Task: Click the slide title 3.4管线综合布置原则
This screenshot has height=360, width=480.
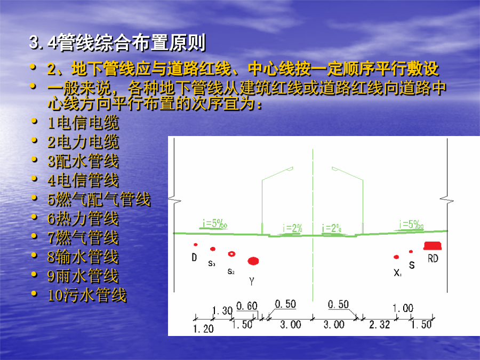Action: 117,42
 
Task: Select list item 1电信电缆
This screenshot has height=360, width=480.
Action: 83,123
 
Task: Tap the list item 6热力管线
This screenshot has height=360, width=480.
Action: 83,219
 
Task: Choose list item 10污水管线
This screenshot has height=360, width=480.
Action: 87,295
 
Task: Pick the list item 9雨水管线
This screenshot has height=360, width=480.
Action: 83,276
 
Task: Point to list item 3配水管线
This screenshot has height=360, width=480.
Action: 83,161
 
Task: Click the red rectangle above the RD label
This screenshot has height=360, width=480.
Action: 433,245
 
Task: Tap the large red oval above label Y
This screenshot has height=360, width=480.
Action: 253,261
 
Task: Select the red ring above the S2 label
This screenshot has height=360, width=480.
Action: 232,254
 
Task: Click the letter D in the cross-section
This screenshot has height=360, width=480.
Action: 194,258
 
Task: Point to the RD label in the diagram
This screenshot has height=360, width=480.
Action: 433,259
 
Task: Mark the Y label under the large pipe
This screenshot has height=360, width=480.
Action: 252,281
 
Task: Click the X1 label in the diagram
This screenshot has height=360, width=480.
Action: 398,273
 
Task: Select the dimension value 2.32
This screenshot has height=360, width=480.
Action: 380,324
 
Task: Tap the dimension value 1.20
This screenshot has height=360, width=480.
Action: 203,329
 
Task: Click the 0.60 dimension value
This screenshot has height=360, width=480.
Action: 247,306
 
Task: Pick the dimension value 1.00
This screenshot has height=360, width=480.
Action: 403,308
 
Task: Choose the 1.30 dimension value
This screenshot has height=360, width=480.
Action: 222,311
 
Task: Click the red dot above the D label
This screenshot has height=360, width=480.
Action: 195,245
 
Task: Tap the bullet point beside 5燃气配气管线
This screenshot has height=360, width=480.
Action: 34,198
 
